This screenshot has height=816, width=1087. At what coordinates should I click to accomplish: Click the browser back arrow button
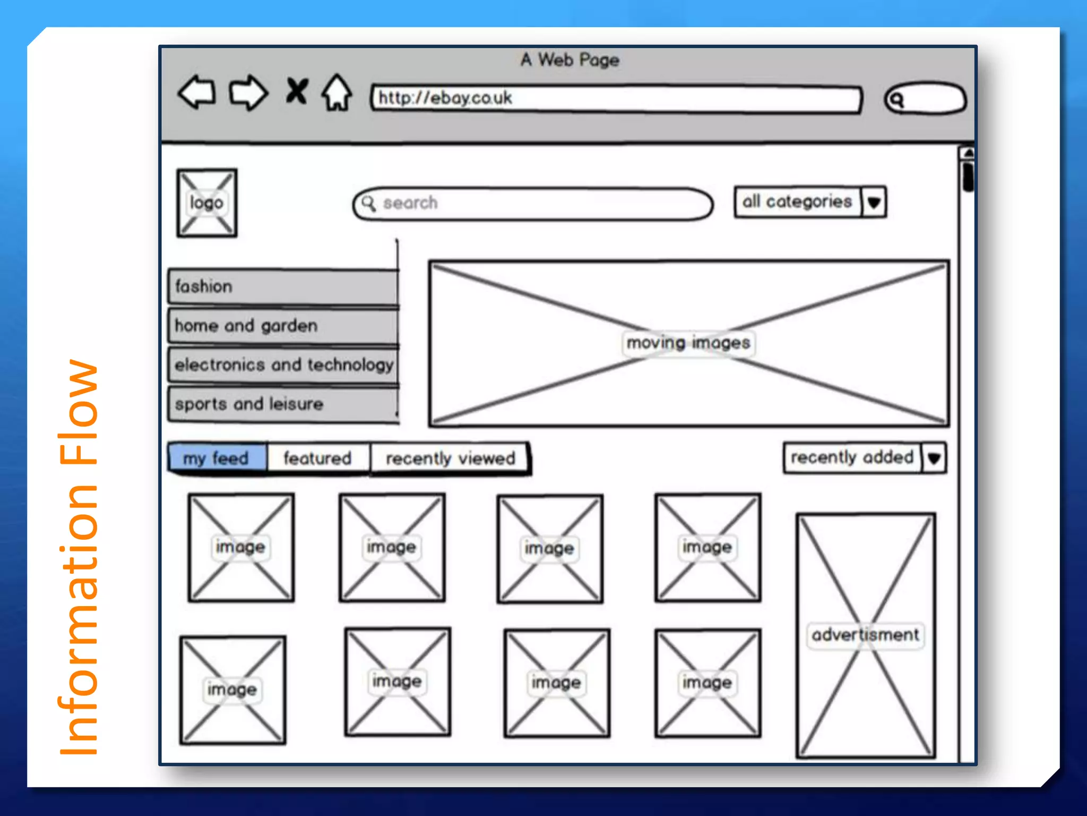point(197,93)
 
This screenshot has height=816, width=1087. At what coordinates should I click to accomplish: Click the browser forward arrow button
point(248,93)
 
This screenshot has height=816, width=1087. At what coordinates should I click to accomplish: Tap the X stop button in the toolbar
point(297,91)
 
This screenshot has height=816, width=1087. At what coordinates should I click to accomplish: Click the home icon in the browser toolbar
point(337,93)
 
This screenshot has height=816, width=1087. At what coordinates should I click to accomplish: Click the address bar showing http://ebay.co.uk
point(616,99)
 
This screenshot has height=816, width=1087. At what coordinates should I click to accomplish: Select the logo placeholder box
point(207,203)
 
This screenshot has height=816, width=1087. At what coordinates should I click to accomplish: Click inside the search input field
point(532,203)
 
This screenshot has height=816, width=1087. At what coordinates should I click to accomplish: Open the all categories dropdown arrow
point(874,202)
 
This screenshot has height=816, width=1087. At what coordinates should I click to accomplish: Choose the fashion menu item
point(283,287)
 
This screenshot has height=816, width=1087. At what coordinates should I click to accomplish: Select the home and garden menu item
point(283,326)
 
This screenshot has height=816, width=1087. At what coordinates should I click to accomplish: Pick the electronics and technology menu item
point(283,365)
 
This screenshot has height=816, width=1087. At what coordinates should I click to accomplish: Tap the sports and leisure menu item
point(283,404)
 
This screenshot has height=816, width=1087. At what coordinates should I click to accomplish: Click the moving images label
point(688,343)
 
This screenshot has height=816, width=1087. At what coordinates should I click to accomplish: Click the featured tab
point(317,458)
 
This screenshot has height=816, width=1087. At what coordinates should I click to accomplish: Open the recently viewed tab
point(450,458)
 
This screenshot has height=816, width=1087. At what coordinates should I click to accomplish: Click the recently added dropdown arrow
point(934,458)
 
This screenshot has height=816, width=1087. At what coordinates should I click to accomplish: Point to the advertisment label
point(865,635)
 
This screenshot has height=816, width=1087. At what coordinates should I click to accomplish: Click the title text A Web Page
point(570,59)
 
